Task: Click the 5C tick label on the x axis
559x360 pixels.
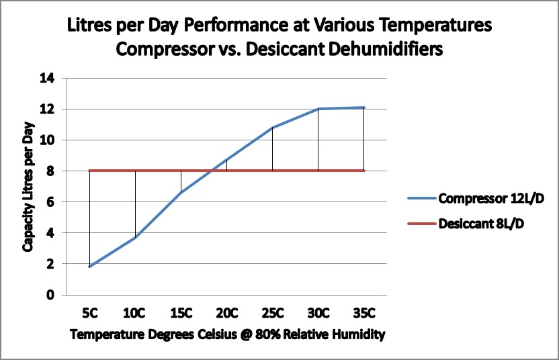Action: (89, 313)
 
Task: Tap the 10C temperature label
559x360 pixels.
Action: (135, 313)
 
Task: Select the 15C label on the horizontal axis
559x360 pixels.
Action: (181, 313)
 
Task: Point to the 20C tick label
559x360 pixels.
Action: (226, 313)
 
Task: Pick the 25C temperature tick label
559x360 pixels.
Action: (272, 313)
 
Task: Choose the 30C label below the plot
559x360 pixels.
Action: (318, 313)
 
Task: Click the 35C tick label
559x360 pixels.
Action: (363, 313)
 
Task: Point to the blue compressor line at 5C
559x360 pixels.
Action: (89, 267)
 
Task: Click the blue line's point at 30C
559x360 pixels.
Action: (318, 109)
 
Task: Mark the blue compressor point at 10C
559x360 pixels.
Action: (135, 237)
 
